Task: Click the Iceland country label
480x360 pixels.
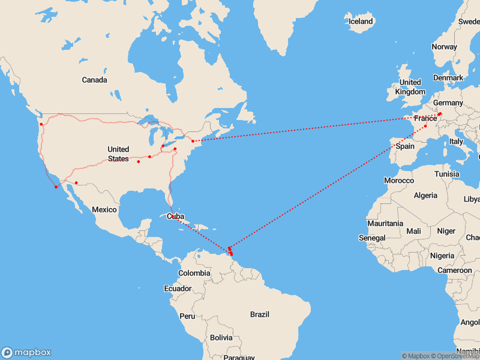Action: point(361,22)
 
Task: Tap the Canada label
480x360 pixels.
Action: point(94,80)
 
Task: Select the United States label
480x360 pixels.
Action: point(118,154)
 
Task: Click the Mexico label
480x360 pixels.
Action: point(104,209)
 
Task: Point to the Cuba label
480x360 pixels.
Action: point(175,217)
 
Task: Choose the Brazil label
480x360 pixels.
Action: point(260,314)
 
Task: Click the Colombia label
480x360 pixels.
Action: point(194,273)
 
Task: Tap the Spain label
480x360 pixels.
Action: point(405,146)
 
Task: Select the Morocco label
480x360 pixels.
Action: point(399,181)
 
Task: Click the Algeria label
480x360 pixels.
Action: point(427,196)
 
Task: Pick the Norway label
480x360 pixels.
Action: point(444,47)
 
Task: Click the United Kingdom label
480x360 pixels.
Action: point(410,87)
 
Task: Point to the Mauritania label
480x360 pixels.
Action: point(385,223)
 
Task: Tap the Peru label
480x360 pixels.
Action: point(188,316)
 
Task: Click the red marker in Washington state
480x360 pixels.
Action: point(41,124)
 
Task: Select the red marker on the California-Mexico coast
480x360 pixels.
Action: point(56,187)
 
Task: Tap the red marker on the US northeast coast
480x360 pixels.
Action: point(193,141)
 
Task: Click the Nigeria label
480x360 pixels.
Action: point(442,256)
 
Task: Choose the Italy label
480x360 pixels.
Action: point(457,142)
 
